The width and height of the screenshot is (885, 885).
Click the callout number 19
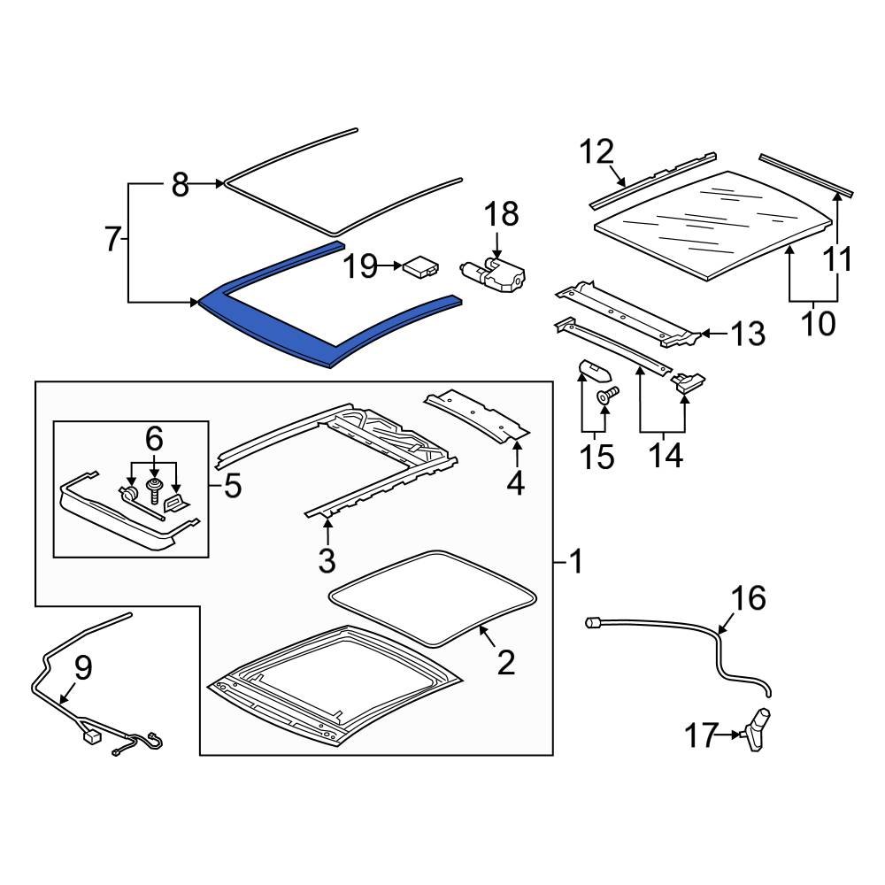(x=361, y=265)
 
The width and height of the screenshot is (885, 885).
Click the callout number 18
(x=500, y=214)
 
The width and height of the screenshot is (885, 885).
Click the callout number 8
(x=180, y=185)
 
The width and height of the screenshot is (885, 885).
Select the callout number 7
(x=112, y=239)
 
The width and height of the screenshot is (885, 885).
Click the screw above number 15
(x=608, y=396)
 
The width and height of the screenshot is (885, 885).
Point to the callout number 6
(x=154, y=438)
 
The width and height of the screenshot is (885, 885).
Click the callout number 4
(x=515, y=482)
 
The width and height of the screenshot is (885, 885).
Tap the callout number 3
(x=327, y=559)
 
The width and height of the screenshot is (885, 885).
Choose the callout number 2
(x=505, y=661)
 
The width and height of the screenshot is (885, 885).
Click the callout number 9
(x=82, y=668)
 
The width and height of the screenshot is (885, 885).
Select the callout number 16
(x=749, y=599)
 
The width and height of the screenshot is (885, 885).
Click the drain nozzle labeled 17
(x=758, y=729)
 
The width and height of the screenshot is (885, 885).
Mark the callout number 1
(x=575, y=561)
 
